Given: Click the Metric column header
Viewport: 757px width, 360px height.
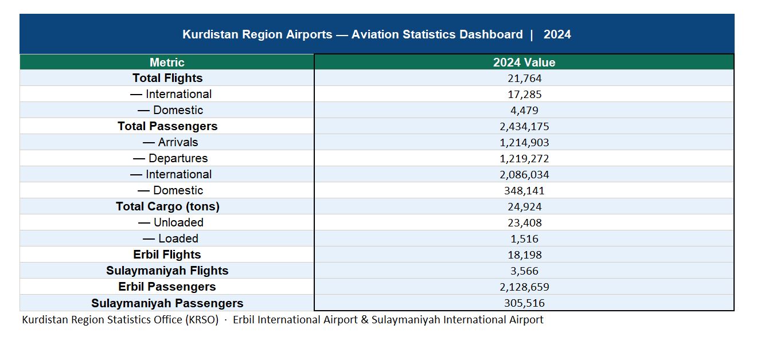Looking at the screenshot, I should pos(167,62).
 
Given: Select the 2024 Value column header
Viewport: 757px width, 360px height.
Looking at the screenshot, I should pos(524,62).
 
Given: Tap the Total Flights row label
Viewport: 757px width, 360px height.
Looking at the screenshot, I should pos(167,78).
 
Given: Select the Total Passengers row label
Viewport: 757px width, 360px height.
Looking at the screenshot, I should pos(167,126).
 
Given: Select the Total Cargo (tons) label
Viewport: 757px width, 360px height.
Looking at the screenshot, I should pos(167,206).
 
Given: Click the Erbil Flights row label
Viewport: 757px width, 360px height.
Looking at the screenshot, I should pos(167,255).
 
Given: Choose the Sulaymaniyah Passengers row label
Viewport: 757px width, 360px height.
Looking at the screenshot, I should pos(167,303).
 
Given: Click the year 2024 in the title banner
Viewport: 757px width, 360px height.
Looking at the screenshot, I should pos(557,34).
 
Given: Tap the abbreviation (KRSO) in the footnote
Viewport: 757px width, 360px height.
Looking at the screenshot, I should pos(201,320).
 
